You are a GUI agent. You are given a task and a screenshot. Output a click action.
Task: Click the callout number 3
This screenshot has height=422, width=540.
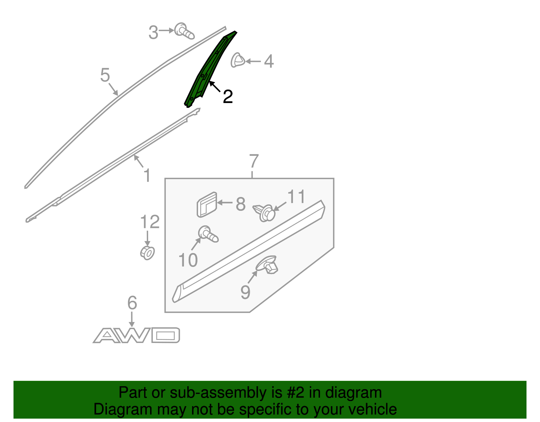coord(153,32)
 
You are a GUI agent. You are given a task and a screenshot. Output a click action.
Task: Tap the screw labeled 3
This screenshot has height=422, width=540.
coord(184,31)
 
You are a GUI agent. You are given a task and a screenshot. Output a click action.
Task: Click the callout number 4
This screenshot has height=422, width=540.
coord(269,61)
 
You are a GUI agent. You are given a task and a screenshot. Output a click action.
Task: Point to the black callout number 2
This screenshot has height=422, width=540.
coord(228,97)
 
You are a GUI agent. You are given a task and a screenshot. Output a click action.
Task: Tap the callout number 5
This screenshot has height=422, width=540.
coord(105,75)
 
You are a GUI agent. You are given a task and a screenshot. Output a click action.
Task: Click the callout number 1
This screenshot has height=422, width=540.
coord(147,175)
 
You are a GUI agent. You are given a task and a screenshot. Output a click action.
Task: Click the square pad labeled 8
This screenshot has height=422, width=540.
coord(207,205)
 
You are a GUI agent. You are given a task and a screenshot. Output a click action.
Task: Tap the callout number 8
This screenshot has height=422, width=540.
coord(241,204)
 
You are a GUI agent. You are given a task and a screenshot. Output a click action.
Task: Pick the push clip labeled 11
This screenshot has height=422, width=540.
coord(264,213)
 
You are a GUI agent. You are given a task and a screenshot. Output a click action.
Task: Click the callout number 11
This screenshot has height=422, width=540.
coord(296,197)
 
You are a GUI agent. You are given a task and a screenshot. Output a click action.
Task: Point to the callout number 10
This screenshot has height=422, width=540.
coord(188,260)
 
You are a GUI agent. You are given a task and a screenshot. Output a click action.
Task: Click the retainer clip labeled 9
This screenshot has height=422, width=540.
coord(267,265)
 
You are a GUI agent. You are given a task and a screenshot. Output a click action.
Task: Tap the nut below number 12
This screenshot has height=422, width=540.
coord(147,253)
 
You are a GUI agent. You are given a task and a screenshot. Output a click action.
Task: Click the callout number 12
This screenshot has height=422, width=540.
coord(150,222)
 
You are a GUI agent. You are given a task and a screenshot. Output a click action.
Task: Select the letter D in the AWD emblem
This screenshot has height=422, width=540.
coord(165,335)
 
